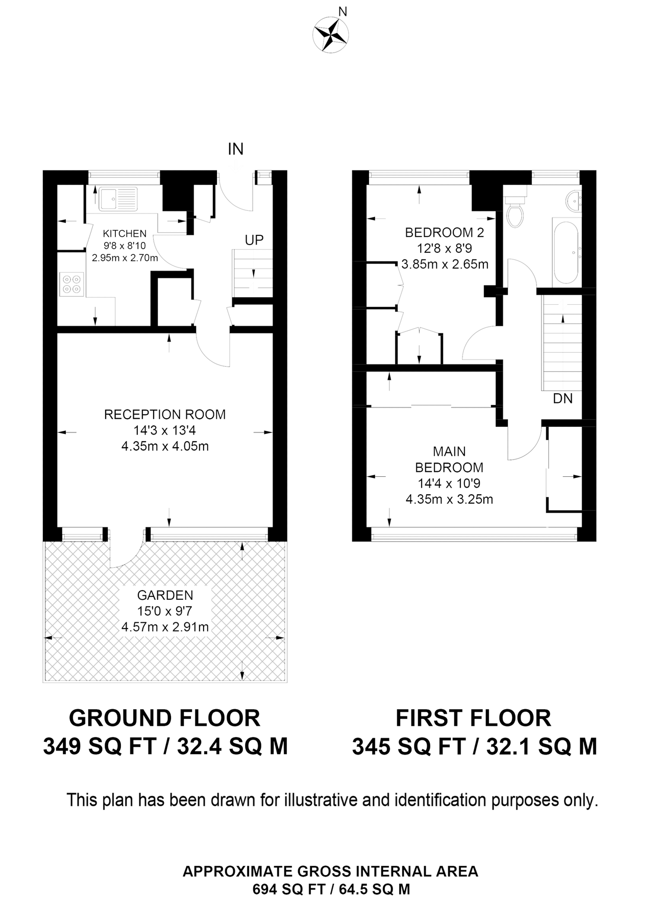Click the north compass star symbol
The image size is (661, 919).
point(331,35)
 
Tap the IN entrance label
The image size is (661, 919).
point(235,149)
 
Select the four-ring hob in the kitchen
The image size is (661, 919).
point(71,284)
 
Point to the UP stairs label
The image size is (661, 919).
point(254,240)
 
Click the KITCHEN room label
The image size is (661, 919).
point(125,233)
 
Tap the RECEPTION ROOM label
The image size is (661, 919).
point(164,414)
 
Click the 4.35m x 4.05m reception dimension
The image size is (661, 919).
point(164,446)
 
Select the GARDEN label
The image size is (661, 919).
point(165,595)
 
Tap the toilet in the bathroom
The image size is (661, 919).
point(515,212)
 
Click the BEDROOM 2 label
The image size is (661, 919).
point(444,233)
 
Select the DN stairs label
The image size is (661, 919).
point(562,398)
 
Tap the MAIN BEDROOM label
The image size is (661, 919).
point(449,459)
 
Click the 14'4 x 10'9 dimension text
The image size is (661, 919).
point(449,483)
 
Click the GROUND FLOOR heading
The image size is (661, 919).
point(164,718)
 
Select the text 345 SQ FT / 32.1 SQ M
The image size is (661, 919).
point(474,746)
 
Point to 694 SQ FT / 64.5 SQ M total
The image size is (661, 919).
point(331,889)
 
